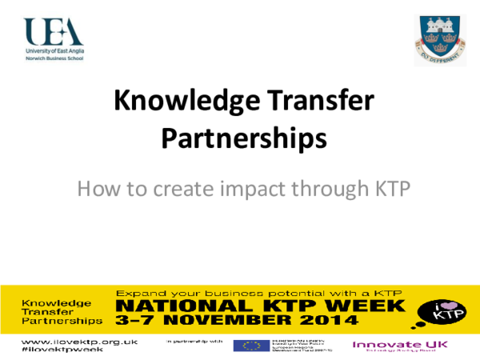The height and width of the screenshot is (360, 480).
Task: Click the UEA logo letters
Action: pos(54,31)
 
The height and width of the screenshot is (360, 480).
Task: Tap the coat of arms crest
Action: pos(437,38)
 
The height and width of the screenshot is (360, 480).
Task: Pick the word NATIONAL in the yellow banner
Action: pos(171,306)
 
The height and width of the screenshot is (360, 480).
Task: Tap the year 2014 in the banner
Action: pos(329,321)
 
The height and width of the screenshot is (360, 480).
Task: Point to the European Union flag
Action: pos(247,346)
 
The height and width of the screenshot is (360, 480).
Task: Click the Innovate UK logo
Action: pos(391,345)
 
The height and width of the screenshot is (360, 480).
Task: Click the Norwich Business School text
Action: pos(48,57)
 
